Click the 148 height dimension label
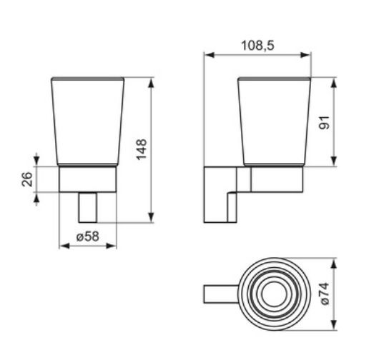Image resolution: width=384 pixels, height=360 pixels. coord(142,149)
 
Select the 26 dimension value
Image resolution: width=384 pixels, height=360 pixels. coord(26,179)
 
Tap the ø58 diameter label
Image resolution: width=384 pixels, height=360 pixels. coord(87,236)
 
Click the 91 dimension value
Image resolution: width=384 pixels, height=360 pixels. coord(324,122)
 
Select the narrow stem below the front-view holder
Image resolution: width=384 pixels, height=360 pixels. coord(87,207)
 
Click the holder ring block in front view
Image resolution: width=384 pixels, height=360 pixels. coord(87,179)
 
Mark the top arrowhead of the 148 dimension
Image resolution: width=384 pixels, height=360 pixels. coord(152,80)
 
